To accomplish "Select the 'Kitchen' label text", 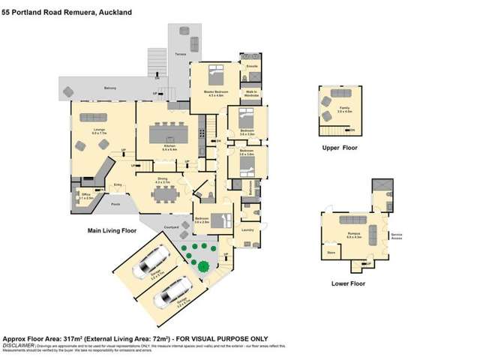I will [x=169, y=148].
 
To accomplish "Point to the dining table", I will [x=163, y=193].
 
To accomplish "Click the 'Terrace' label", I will [x=180, y=55].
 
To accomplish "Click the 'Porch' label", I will [x=115, y=204].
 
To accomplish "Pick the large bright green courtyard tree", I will [x=204, y=265].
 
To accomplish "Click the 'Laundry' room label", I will [x=246, y=230].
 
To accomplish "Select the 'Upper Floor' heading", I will [x=339, y=148].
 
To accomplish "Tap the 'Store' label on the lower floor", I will [x=331, y=253].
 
